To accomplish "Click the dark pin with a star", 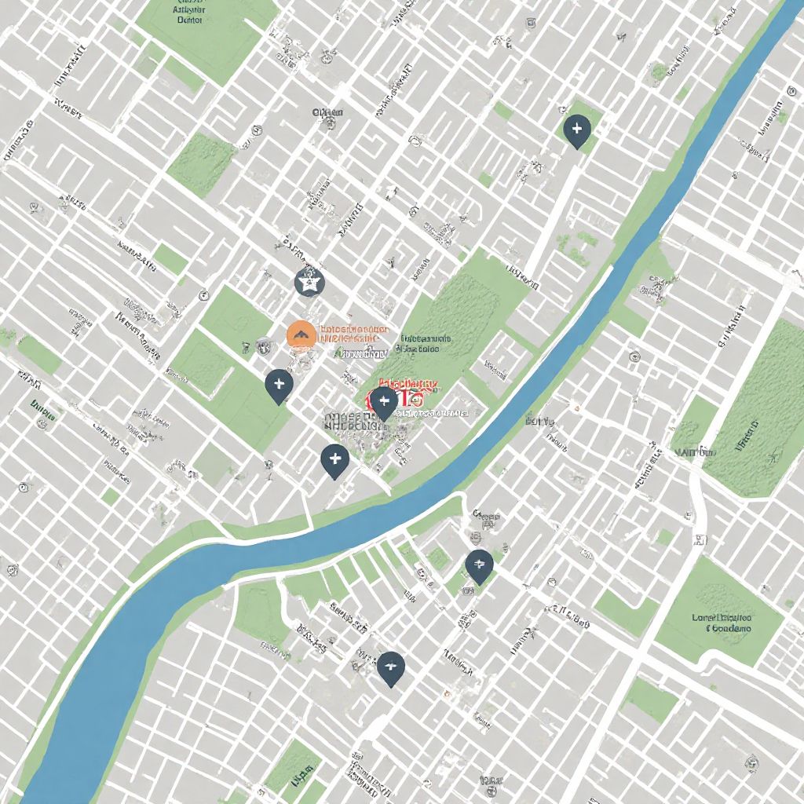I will pos(309,280).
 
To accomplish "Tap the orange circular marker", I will pos(301,334).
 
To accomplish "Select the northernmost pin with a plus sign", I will pos(577,130).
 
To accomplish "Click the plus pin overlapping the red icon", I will pos(384,403).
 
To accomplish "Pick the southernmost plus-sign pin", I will pos(334,459).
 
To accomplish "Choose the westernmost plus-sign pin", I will pos(279,385).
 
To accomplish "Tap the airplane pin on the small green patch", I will pos(478,565).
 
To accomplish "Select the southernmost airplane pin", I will pos(390,668).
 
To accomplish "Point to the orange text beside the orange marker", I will pos(352,334).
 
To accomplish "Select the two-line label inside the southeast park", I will pos(722,623).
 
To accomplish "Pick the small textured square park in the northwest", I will pos(201,161).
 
